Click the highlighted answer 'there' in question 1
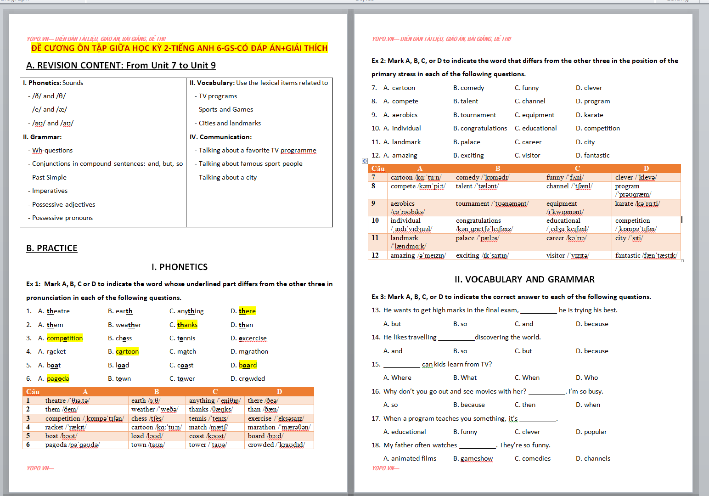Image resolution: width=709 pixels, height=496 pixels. point(247,311)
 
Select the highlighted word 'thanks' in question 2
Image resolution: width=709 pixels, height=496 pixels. point(187,325)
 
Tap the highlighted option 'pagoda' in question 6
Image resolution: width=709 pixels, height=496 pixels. point(58,378)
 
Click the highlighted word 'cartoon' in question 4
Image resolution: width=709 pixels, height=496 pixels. point(127,351)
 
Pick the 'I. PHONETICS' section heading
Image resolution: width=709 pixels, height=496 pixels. point(180,267)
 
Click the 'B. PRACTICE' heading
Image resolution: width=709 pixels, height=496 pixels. point(52,248)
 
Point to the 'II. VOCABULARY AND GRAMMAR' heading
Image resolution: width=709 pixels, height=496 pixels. point(524,279)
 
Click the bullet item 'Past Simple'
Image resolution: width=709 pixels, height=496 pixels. point(49,177)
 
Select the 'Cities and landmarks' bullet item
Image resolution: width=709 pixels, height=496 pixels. point(230,123)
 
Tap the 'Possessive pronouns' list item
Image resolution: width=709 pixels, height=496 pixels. point(62,218)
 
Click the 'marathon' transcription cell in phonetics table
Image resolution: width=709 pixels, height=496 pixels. point(279,427)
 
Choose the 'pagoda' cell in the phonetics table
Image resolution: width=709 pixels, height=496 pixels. point(72,445)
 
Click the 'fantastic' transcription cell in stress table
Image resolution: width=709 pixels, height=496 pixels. point(646,255)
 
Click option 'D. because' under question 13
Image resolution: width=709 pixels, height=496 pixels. point(592,324)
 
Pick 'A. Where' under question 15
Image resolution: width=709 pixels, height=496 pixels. point(397,378)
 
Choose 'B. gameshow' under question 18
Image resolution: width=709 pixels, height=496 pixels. point(473,458)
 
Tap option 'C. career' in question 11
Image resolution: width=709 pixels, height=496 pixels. point(528,142)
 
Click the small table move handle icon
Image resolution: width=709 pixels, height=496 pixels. point(365,161)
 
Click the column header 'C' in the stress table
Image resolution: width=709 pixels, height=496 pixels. point(577,169)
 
